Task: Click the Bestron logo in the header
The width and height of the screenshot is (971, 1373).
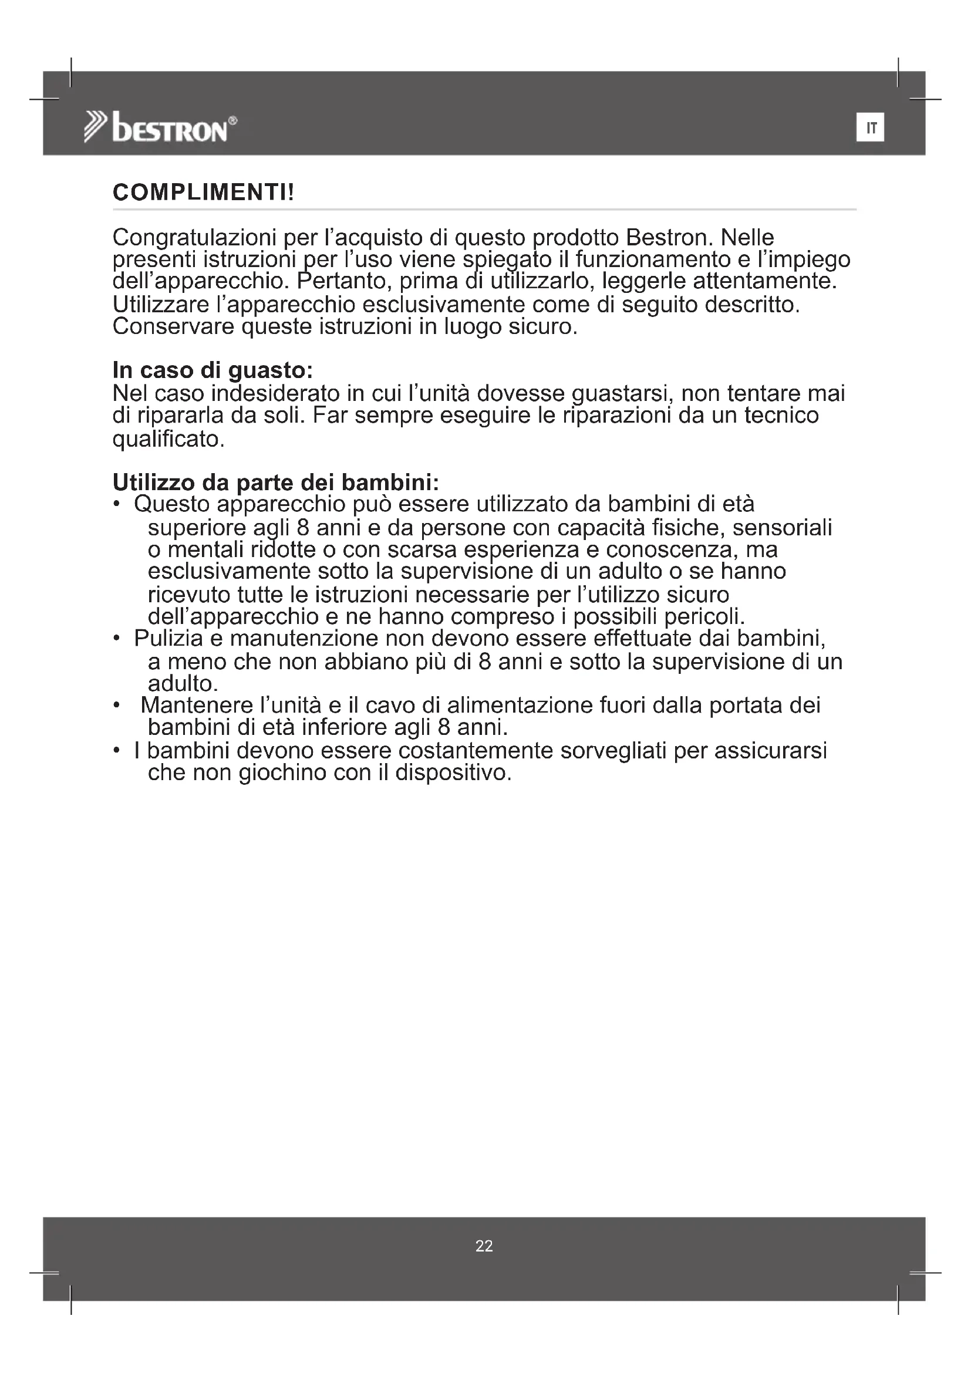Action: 160,127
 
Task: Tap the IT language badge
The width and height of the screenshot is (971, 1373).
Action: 870,127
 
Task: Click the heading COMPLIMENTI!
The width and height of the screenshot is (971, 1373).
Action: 203,193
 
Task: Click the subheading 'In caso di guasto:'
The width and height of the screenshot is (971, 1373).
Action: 213,371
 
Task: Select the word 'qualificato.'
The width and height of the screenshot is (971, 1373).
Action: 168,440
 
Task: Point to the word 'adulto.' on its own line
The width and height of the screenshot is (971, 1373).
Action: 183,683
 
